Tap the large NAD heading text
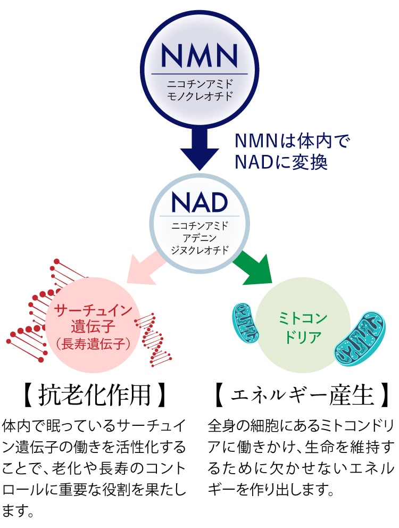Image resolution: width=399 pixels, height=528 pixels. tap(199, 202)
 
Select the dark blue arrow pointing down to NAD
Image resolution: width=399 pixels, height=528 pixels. tap(199, 146)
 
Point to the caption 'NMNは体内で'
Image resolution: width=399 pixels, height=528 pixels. tap(293, 141)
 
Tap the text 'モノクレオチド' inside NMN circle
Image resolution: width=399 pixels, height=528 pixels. tap(199, 96)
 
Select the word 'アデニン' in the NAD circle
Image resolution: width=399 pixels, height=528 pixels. tap(199, 237)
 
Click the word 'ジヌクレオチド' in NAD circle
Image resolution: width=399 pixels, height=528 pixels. tap(199, 249)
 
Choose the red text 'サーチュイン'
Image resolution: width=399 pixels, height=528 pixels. tap(93, 310)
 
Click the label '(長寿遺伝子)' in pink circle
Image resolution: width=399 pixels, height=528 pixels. tap(93, 344)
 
